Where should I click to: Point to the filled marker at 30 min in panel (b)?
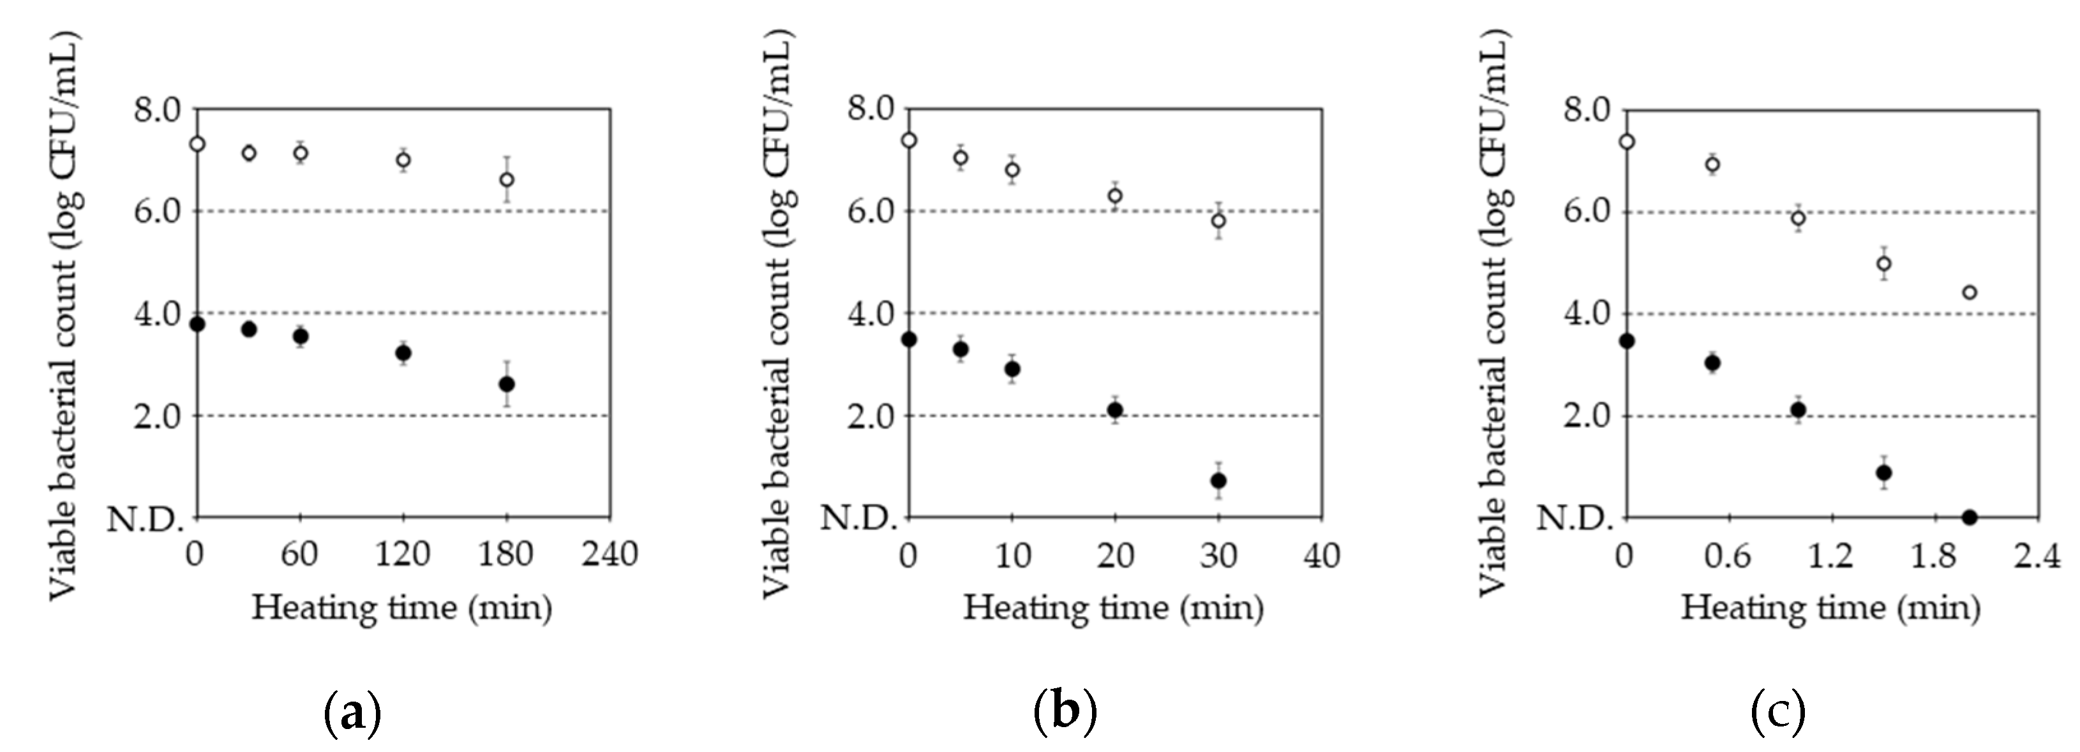[1218, 481]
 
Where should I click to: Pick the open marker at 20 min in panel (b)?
[1115, 195]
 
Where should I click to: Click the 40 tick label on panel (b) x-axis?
[1322, 555]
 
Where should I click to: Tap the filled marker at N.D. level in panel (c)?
[1970, 517]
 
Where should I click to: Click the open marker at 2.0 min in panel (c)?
[1970, 292]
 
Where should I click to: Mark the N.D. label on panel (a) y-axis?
[146, 519]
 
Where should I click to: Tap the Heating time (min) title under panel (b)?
[1114, 607]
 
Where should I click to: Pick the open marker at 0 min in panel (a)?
[197, 144]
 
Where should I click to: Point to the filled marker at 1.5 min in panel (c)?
[1884, 473]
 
